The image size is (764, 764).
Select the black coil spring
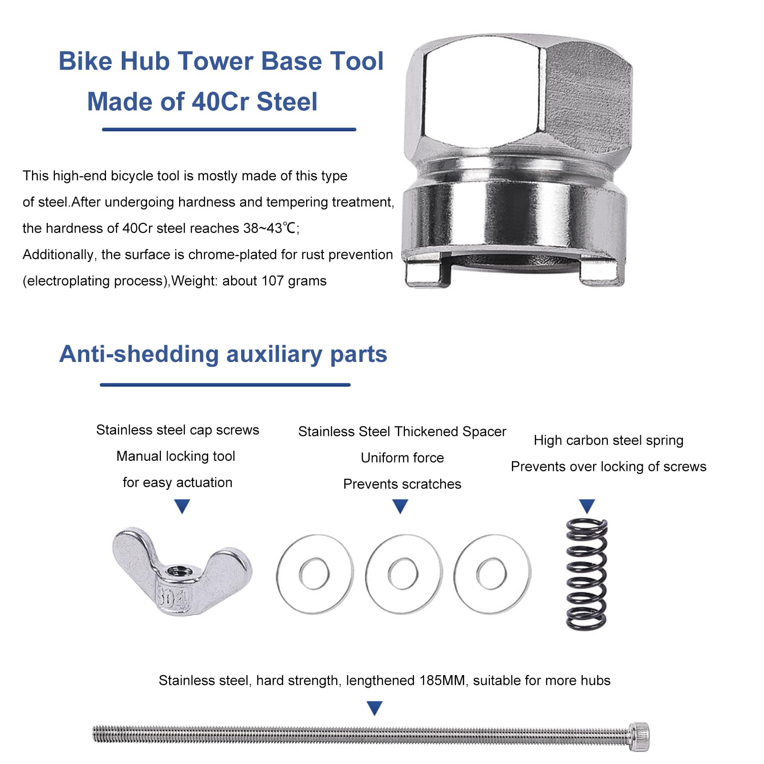point(587,574)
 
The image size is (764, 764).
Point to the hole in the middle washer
point(403,573)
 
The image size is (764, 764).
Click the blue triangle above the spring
point(587,506)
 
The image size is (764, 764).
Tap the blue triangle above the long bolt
point(375,708)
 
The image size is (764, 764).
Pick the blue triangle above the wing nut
point(182,506)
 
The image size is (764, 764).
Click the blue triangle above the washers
point(400,506)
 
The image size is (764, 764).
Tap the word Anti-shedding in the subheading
point(139,354)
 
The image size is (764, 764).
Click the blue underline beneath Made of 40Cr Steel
point(229,129)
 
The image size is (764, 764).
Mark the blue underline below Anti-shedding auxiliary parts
point(225,384)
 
